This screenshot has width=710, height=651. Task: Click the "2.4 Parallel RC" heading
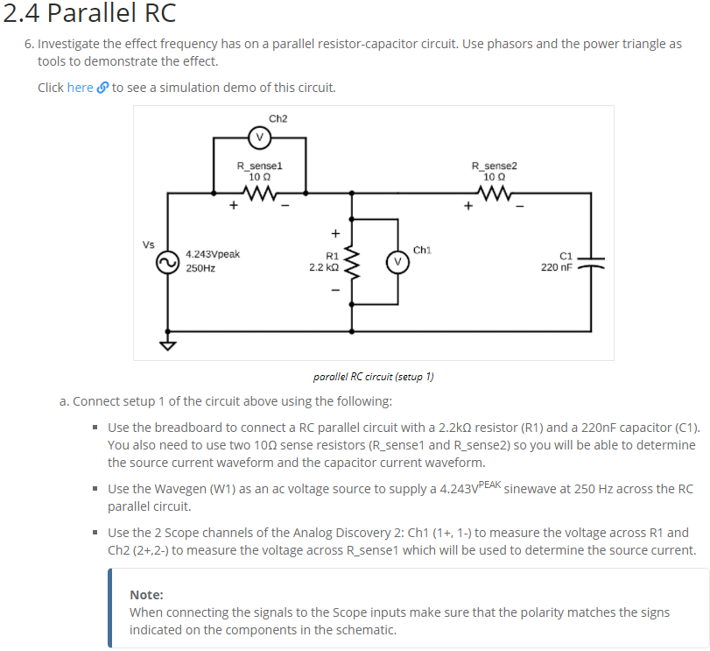(x=88, y=14)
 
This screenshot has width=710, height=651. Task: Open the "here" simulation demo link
(x=80, y=88)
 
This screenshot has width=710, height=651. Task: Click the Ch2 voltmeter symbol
(x=259, y=137)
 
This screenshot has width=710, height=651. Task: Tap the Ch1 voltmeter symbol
(x=397, y=262)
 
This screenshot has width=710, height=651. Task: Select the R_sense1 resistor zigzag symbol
(x=259, y=193)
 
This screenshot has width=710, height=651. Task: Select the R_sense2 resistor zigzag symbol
(x=494, y=193)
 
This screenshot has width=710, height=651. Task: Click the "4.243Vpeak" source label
(x=213, y=254)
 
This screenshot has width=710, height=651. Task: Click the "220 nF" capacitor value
(x=557, y=267)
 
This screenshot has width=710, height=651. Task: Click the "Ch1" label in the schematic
(x=421, y=250)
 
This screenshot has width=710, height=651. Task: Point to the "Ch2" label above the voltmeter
(x=278, y=118)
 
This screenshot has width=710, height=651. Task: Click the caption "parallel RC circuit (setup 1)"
(x=373, y=377)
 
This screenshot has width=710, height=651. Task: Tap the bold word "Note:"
(x=146, y=594)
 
